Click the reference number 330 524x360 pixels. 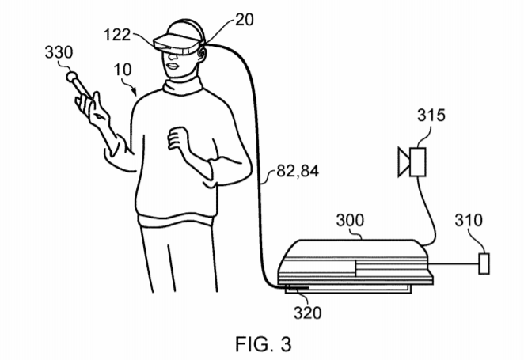tap(59, 52)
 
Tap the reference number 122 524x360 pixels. tap(117, 35)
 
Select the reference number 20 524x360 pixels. tap(245, 20)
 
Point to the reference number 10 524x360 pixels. tap(123, 70)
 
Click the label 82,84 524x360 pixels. tap(298, 171)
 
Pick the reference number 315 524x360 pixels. tap(431, 116)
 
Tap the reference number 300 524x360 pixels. tap(350, 221)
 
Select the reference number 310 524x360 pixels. tap(469, 221)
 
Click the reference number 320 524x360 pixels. tap(307, 313)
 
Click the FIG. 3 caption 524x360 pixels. tap(264, 344)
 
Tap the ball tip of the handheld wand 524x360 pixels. tap(71, 77)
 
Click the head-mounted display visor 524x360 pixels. tap(177, 44)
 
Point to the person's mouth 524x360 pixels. tap(173, 66)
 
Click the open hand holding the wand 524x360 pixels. tap(93, 109)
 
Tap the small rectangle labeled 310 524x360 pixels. tap(484, 263)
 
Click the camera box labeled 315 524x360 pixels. tap(418, 162)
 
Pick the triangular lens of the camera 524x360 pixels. tap(404, 162)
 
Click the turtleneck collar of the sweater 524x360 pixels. tap(183, 85)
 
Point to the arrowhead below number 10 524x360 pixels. tap(135, 92)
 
